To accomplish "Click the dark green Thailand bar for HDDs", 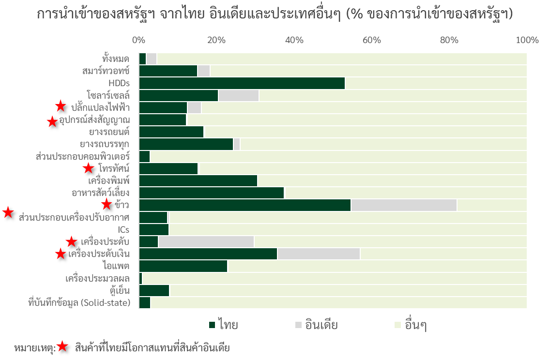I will [242, 83].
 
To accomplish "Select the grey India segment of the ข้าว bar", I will [404, 205].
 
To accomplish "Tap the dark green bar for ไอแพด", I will [183, 266].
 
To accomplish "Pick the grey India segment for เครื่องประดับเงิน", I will [319, 254].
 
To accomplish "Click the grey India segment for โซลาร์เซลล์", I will [239, 95].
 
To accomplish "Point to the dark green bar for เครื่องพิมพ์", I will [198, 180].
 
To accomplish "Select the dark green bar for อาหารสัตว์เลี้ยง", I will [212, 193].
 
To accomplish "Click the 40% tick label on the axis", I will [294, 40].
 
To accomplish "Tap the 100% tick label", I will [527, 40].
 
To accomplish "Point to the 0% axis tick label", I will [139, 40].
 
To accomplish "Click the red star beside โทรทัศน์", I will [88, 168].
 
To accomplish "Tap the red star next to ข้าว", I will [107, 204].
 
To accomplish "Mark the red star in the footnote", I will [62, 346].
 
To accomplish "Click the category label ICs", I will [123, 229].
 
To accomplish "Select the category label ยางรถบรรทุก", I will [105, 144].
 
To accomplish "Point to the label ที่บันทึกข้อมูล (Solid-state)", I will [79, 303].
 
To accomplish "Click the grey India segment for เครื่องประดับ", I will [206, 241].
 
